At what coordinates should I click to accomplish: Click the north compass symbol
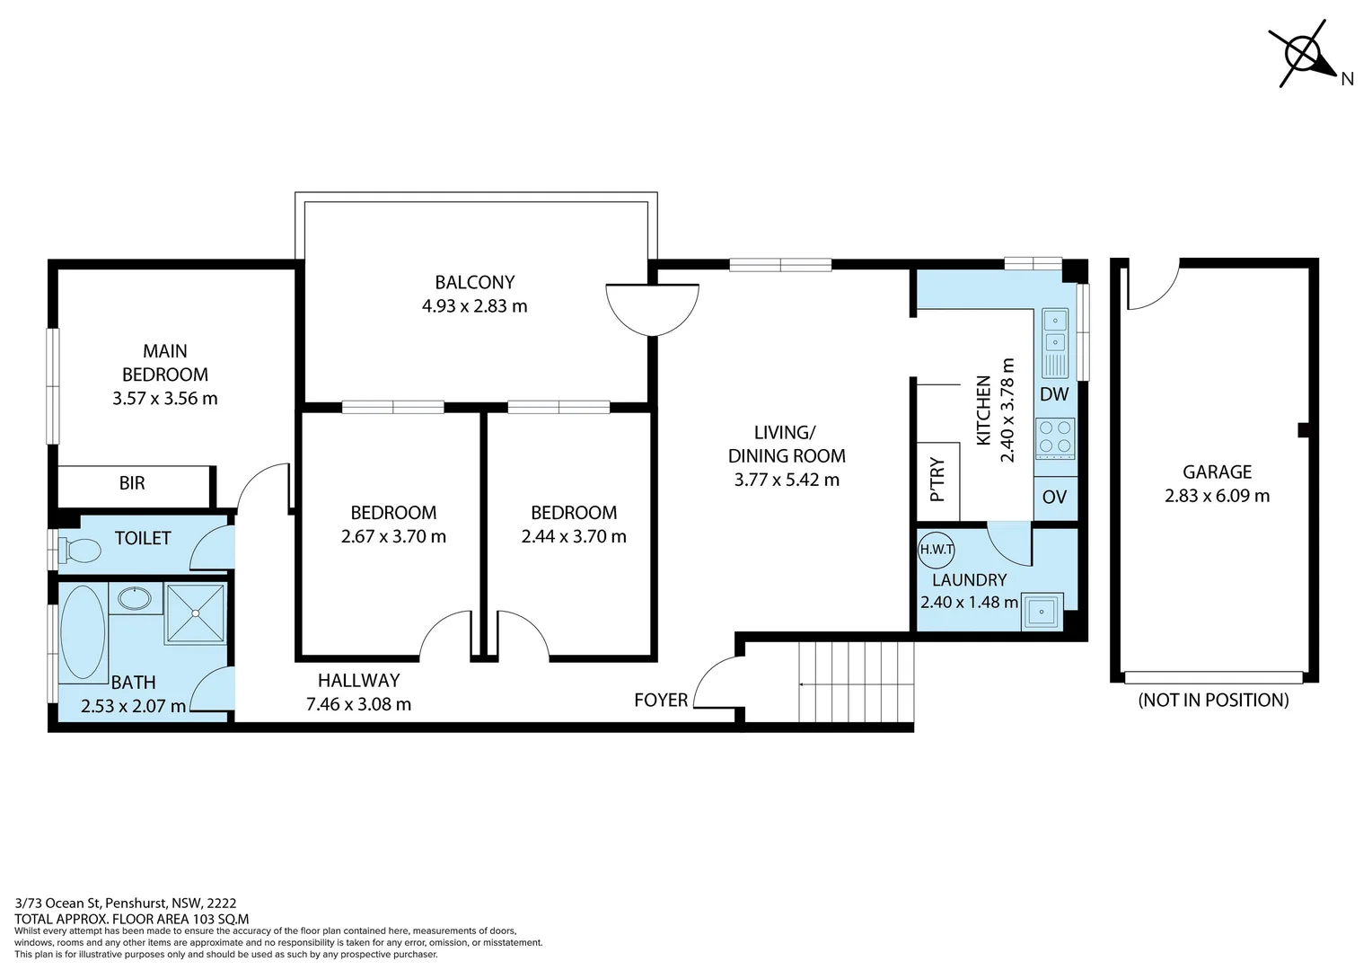pos(1304,55)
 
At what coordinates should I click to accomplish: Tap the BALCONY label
pos(475,282)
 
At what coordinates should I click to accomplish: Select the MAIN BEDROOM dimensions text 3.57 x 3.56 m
pos(165,399)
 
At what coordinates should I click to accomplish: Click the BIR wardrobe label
pos(132,483)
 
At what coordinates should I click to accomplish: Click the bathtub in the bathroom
pos(84,632)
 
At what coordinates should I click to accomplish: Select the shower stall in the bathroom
pos(195,613)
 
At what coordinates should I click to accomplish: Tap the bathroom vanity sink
pos(136,597)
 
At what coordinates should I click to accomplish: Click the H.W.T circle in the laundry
pos(937,549)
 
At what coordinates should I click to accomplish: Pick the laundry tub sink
pos(1042,613)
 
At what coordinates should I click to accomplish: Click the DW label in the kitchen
pos(1054,394)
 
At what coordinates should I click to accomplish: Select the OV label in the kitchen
pos(1054,497)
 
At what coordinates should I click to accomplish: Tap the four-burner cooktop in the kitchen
pos(1055,437)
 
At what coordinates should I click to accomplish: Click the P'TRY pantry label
pos(937,481)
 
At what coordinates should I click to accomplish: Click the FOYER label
pos(661,701)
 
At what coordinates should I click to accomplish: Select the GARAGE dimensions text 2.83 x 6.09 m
pos(1217,496)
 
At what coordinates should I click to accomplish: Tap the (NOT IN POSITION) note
pos(1213,701)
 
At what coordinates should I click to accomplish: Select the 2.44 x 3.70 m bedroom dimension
pos(574,537)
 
